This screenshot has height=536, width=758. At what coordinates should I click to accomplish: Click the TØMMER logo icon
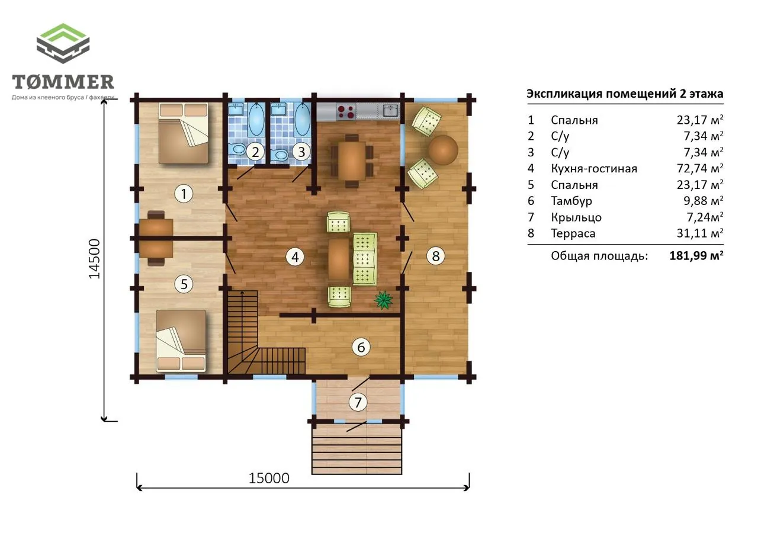tap(63, 43)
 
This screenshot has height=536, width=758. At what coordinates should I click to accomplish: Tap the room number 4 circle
tap(295, 257)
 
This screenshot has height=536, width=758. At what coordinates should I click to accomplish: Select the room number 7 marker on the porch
tap(358, 402)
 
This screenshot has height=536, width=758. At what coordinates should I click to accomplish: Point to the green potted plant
tap(383, 300)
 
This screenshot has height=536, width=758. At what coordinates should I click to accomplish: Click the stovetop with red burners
tap(346, 112)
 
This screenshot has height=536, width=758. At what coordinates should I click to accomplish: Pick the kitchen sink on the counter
tap(391, 111)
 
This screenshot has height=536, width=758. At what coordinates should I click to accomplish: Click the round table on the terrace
tap(443, 150)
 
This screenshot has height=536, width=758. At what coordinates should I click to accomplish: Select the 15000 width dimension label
tap(269, 478)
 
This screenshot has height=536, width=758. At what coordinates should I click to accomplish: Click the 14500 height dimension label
tap(94, 259)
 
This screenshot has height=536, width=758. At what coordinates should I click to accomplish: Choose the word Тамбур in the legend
tap(571, 201)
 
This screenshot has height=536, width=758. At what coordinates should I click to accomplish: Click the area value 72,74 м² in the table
tap(700, 168)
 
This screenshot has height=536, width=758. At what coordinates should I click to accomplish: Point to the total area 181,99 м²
tap(696, 255)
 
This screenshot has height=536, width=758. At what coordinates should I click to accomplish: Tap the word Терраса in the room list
tap(573, 233)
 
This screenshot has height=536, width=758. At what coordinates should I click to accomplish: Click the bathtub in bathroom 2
tap(256, 119)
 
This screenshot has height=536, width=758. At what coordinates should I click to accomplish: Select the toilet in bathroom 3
tap(281, 155)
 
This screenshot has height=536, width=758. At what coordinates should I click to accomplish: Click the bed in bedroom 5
tap(181, 341)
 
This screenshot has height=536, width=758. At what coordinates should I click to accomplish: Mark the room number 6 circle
tap(361, 347)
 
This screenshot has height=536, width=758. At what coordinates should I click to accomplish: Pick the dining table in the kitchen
tap(352, 161)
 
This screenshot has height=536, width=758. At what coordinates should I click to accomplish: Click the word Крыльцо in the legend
tap(576, 217)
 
